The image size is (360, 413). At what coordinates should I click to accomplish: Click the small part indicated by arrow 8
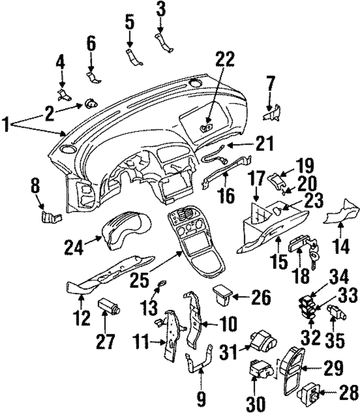pyautogui.click(x=51, y=216)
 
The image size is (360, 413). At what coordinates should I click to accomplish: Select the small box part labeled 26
pyautogui.click(x=224, y=293)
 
